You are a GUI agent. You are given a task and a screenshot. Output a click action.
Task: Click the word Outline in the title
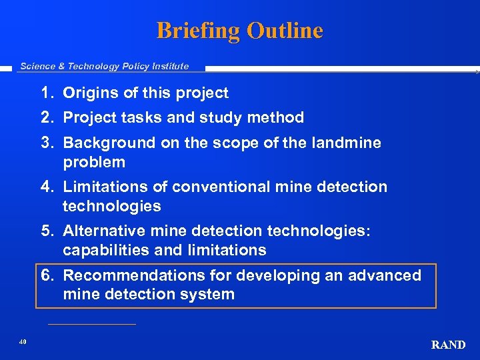click(x=285, y=31)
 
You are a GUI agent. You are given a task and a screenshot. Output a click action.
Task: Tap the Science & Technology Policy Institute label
click(x=105, y=66)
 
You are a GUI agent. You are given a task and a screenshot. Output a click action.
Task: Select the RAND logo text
click(x=448, y=345)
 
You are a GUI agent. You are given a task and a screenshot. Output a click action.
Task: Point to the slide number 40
click(x=23, y=341)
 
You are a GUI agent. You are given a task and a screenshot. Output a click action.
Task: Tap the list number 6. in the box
click(x=47, y=275)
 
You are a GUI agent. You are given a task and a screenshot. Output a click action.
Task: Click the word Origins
click(x=89, y=93)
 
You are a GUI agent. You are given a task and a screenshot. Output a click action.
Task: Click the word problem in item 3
click(x=94, y=162)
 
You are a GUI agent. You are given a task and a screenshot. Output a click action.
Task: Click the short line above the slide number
click(x=92, y=325)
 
